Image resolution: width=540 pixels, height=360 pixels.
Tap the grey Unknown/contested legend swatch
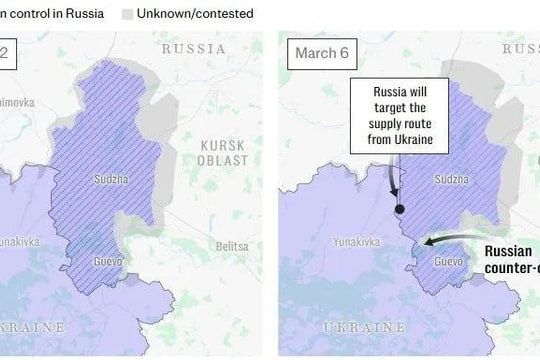(128, 14)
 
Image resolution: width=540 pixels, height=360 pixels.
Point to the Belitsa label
(231, 246)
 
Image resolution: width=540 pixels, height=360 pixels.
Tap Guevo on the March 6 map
(448, 262)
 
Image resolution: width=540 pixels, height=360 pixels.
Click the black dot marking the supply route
(399, 210)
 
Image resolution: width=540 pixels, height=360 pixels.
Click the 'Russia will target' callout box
(399, 118)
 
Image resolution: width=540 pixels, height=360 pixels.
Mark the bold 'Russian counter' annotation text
(510, 260)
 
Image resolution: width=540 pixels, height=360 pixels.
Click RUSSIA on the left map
(193, 47)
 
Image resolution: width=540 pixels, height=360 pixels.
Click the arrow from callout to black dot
(392, 180)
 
